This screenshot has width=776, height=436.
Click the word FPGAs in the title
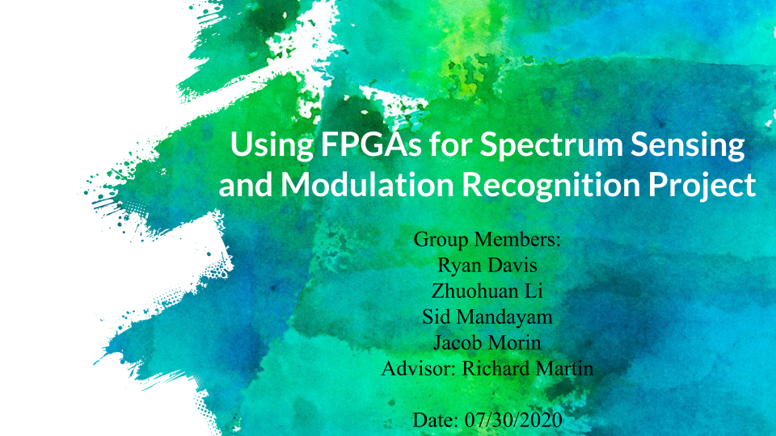coord(372,145)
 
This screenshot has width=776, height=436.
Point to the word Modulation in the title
coord(368,184)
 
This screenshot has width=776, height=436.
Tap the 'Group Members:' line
coord(487,239)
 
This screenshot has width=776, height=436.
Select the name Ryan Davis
coord(487,266)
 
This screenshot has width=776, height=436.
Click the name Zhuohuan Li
coord(487,291)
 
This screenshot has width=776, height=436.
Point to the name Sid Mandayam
coord(487,317)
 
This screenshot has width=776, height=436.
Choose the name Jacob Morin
coord(487,342)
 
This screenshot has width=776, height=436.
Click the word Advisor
coord(419,368)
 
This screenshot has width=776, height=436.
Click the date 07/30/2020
coord(513,420)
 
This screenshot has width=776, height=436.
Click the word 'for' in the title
coord(451,145)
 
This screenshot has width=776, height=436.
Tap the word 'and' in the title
coord(246,184)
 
